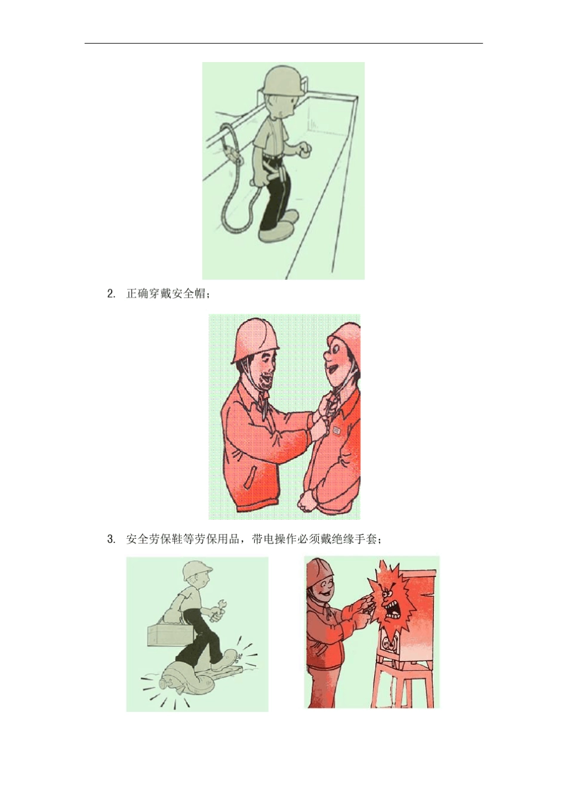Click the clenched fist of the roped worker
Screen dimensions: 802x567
(305, 150)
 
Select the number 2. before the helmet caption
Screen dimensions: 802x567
(111, 294)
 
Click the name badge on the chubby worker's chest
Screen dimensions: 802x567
(336, 428)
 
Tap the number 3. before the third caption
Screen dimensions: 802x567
(111, 539)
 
